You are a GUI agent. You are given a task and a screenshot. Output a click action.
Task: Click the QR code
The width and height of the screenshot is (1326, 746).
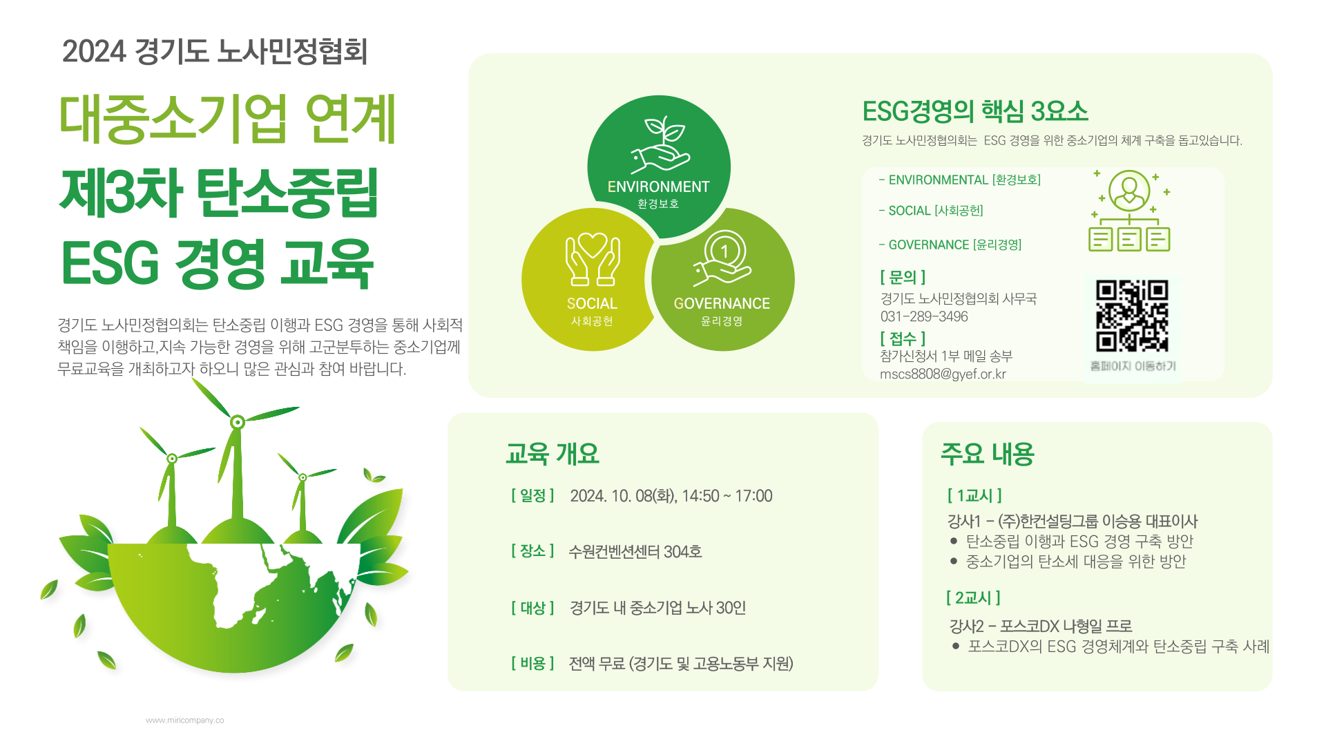1132,316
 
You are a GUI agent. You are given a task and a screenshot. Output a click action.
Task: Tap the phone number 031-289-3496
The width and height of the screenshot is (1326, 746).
924,316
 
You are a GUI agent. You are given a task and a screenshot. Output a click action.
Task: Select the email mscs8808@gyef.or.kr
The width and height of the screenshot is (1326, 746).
943,374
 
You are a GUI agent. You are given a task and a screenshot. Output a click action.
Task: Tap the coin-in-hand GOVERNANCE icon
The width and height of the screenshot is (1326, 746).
722,258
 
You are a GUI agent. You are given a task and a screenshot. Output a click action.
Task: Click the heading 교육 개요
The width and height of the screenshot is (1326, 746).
552,454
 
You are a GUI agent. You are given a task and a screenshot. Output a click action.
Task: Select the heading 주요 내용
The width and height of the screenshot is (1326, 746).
988,454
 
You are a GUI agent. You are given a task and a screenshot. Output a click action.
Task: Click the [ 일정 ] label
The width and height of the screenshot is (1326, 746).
533,495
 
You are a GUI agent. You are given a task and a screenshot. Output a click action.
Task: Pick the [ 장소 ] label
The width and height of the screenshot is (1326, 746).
533,551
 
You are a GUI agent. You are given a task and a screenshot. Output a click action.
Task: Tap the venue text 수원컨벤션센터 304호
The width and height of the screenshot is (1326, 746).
635,551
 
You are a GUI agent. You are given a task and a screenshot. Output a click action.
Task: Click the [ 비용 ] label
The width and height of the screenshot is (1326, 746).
533,663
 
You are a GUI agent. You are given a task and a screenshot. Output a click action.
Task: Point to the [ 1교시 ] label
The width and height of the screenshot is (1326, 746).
974,495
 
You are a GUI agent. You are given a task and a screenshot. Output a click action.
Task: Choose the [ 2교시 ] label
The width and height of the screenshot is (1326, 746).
973,597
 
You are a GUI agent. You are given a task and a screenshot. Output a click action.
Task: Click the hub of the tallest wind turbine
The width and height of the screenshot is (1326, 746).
238,422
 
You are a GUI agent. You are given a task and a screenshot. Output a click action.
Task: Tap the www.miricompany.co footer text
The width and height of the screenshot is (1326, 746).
184,720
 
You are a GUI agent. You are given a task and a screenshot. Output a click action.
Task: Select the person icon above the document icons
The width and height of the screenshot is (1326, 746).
1129,191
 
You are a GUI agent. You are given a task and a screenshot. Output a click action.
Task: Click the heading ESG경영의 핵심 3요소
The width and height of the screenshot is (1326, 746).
975,111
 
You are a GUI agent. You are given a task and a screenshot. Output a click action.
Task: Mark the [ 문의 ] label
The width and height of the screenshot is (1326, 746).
903,277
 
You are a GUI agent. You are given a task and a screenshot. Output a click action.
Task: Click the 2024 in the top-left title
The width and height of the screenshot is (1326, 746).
94,52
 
